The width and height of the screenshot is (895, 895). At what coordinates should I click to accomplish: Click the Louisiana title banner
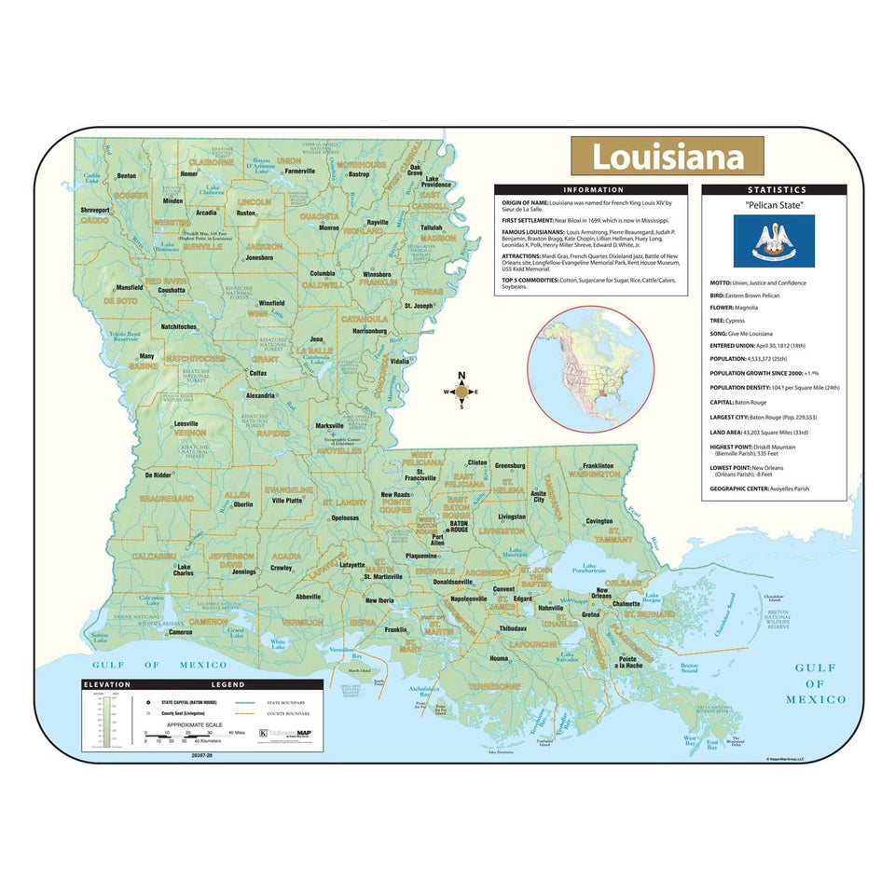point(668,156)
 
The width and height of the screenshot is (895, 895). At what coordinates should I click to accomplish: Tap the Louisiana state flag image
point(774,241)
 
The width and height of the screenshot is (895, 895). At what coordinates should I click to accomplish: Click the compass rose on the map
point(461,392)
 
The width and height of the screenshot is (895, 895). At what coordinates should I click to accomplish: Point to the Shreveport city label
point(95,211)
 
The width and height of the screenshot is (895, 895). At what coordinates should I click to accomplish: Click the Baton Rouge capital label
point(459,527)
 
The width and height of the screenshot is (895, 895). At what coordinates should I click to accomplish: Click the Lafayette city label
point(352,565)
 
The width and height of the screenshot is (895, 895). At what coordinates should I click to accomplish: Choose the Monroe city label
point(329,227)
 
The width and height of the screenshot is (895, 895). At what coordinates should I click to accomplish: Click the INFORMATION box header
point(590,189)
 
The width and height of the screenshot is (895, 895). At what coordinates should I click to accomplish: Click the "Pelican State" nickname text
point(774,204)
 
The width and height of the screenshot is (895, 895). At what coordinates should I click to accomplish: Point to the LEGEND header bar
point(227,685)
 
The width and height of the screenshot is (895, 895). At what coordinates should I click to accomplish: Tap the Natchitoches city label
point(179,327)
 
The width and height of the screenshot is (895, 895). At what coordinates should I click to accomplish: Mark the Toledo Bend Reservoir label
point(128,336)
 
